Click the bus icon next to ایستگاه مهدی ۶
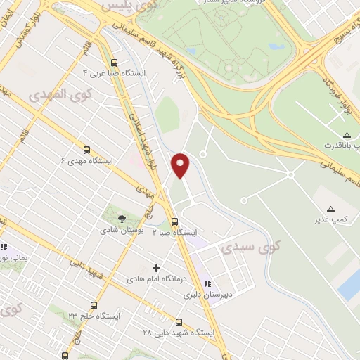[86, 150]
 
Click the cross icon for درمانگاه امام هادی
[156, 268]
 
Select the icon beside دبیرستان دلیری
[207, 283]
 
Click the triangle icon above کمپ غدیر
[331, 209]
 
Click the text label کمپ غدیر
[331, 221]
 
